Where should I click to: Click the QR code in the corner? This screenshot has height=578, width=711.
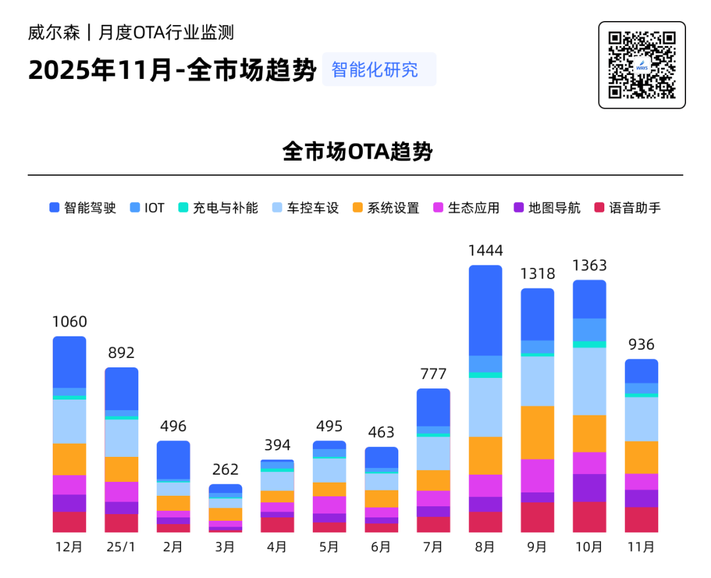(x=641, y=65)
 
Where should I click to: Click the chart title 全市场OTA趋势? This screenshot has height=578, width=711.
(x=357, y=151)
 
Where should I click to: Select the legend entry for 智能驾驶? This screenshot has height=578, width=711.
(x=84, y=208)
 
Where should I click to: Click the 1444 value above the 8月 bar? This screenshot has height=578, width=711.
(x=485, y=250)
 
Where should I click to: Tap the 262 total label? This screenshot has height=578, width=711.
(x=225, y=469)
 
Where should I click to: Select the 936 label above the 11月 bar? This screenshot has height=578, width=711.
(x=641, y=344)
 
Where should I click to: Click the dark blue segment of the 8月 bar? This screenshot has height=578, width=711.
(x=485, y=310)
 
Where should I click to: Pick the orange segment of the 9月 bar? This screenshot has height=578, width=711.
(x=537, y=433)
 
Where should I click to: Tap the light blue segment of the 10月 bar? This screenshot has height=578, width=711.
(x=589, y=381)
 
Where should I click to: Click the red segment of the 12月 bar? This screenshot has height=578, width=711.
(x=69, y=521)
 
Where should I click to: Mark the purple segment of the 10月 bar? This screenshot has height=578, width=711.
(x=589, y=488)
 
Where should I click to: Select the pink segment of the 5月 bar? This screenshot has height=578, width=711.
(x=329, y=504)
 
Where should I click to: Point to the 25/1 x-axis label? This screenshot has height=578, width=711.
(x=121, y=547)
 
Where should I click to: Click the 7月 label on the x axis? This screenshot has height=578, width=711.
(x=433, y=547)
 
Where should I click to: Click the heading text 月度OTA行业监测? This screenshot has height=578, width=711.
(x=167, y=32)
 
